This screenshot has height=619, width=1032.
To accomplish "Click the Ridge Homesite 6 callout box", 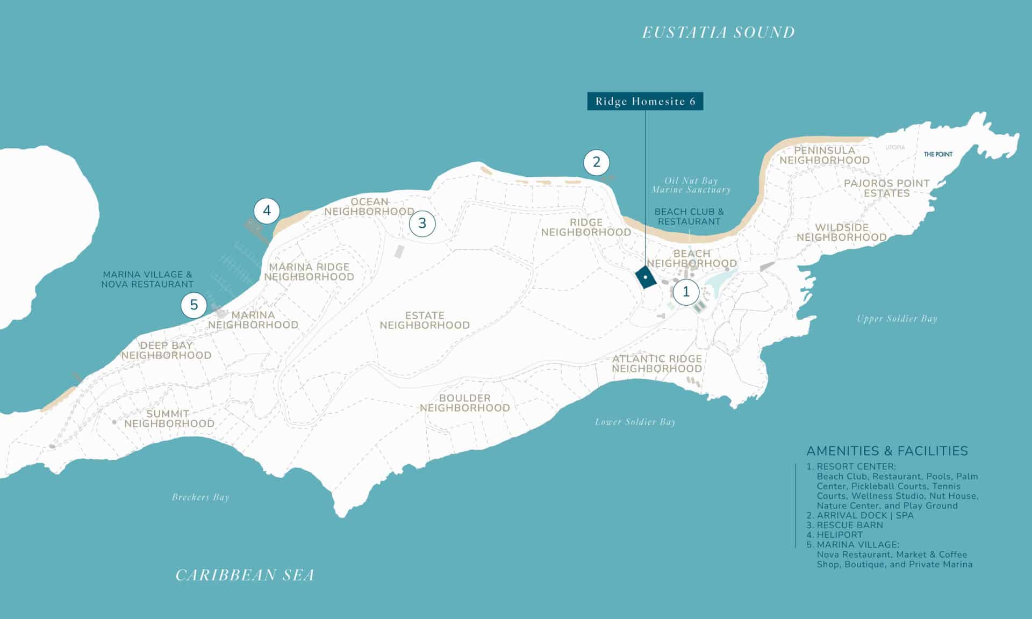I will (x=644, y=102).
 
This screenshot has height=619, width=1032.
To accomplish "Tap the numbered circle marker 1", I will (x=685, y=292).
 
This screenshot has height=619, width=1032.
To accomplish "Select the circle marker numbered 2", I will (x=596, y=162).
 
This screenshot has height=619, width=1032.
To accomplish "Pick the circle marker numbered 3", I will (x=422, y=223).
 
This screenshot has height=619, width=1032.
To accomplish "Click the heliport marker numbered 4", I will (x=267, y=211).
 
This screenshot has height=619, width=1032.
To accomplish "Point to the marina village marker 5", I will (x=193, y=305).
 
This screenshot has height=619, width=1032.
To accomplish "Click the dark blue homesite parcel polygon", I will (x=645, y=277).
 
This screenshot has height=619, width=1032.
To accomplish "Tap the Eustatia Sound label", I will (x=718, y=33).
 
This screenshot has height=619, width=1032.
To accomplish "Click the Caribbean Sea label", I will (x=245, y=575).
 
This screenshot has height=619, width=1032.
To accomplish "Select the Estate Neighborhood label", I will (x=425, y=320).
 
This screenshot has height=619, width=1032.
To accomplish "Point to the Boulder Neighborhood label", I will (x=464, y=403).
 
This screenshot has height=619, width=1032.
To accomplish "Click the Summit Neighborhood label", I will (x=169, y=419).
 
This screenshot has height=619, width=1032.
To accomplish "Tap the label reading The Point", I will (x=938, y=154).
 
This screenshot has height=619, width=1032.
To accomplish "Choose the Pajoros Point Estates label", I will (x=886, y=188).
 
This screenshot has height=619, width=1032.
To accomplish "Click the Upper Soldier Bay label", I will (x=897, y=319).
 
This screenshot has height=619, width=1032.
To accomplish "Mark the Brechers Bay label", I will (x=200, y=497).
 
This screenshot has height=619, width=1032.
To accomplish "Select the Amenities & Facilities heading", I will (x=887, y=451).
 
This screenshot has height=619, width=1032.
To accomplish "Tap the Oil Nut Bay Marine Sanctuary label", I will (x=691, y=185).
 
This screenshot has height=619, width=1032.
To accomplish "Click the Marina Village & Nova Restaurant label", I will (x=147, y=279).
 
